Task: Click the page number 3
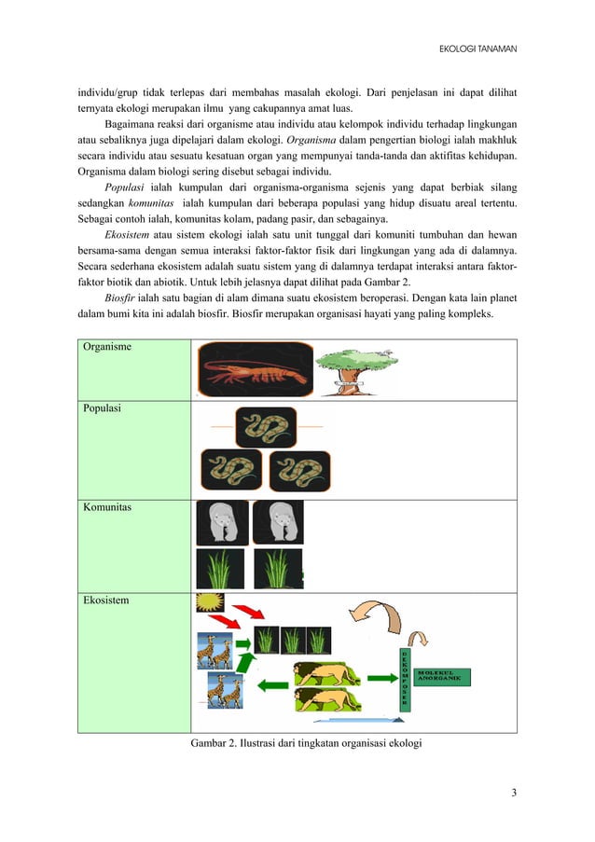tap(514, 793)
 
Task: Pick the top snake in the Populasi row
tap(266, 426)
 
